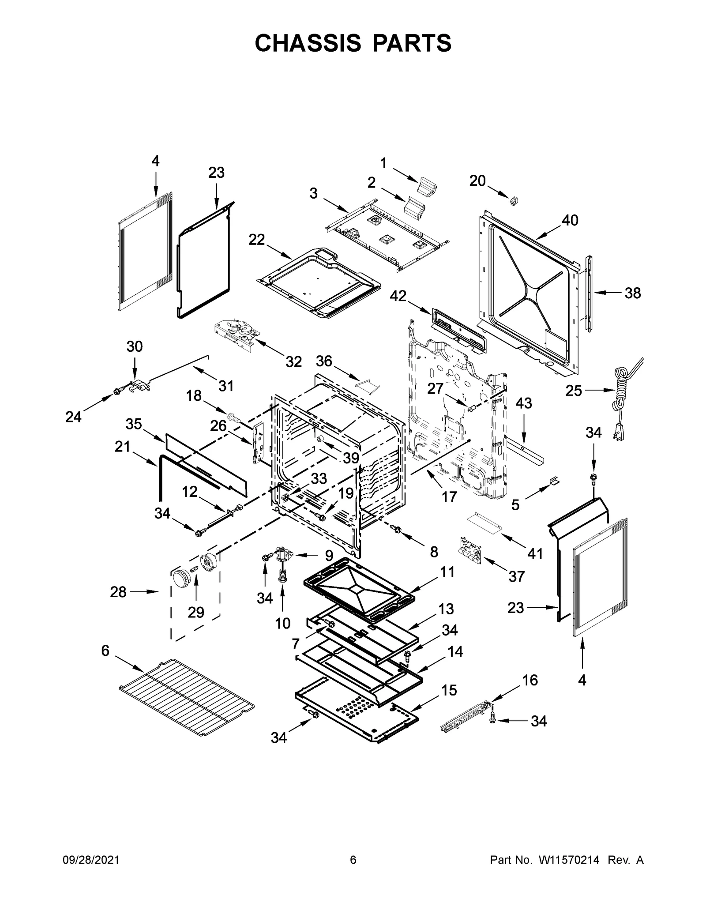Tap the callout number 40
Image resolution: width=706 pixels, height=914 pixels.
[x=570, y=220]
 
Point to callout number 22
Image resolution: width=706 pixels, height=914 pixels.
[x=256, y=240]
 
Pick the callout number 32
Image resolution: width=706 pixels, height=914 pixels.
[x=293, y=362]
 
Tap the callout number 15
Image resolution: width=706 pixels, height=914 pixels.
[x=449, y=690]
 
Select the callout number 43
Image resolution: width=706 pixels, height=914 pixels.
[x=524, y=403]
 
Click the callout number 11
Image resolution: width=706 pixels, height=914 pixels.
[x=447, y=572]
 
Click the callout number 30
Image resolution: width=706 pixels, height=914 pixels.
[x=135, y=346]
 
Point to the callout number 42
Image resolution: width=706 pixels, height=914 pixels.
[x=398, y=296]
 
